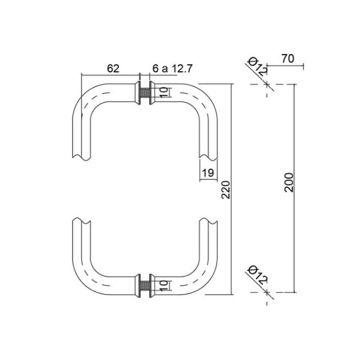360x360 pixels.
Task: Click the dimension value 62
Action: pyautogui.click(x=113, y=68)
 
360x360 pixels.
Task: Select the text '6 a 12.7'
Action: pyautogui.click(x=172, y=68)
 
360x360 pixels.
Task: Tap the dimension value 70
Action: pyautogui.click(x=287, y=59)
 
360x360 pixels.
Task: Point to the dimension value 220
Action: pyautogui.click(x=226, y=190)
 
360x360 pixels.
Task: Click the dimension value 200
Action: pyautogui.click(x=289, y=182)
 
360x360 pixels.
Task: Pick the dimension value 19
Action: pyautogui.click(x=208, y=173)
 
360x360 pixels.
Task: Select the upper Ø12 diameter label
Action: pyautogui.click(x=257, y=67)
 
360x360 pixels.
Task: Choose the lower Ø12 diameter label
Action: pyautogui.click(x=257, y=275)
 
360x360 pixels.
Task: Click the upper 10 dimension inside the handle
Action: pyautogui.click(x=164, y=92)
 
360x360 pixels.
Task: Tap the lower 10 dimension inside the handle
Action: pyautogui.click(x=164, y=286)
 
